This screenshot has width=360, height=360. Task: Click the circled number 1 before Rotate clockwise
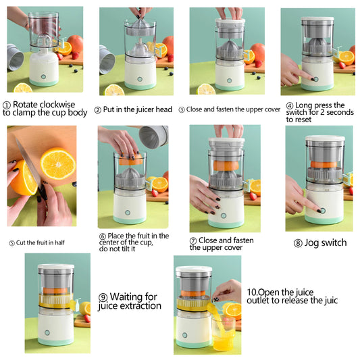pyautogui.click(x=7, y=105)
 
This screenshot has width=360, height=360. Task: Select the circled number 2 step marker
pyautogui.click(x=98, y=109)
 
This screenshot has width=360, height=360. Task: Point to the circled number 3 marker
pyautogui.click(x=182, y=109)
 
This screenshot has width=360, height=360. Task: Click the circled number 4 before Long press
pyautogui.click(x=290, y=105)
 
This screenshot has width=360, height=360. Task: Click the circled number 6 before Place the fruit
pyautogui.click(x=103, y=236)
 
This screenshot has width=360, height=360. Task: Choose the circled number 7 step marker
pyautogui.click(x=193, y=240)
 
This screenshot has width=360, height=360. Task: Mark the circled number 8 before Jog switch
pyautogui.click(x=298, y=243)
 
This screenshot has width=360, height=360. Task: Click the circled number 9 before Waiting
pyautogui.click(x=103, y=297)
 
